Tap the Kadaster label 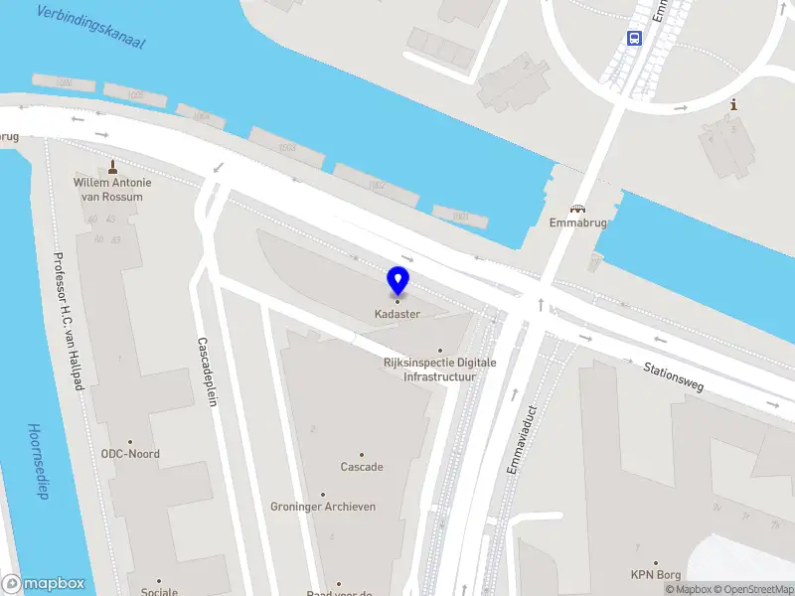[397, 314]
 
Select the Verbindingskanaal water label [89, 27]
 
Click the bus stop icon [634, 38]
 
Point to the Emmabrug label [577, 223]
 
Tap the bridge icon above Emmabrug [577, 209]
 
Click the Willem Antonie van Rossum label [113, 190]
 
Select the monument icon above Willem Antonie [113, 166]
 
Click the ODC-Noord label [130, 454]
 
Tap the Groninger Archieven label [323, 507]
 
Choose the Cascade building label [362, 467]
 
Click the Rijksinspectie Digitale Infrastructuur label [439, 370]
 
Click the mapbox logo [44, 584]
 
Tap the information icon [733, 104]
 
